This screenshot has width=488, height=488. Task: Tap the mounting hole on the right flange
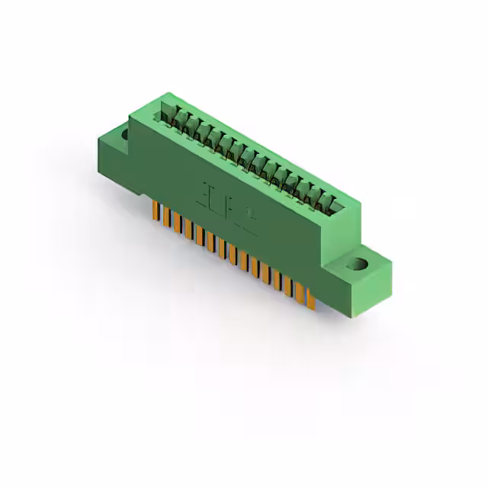tap(355, 265)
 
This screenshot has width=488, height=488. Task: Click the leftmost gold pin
tap(155, 210)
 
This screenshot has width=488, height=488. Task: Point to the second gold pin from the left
tap(165, 217)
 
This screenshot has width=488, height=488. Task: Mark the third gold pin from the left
tap(176, 223)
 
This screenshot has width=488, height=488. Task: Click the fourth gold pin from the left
tap(188, 229)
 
